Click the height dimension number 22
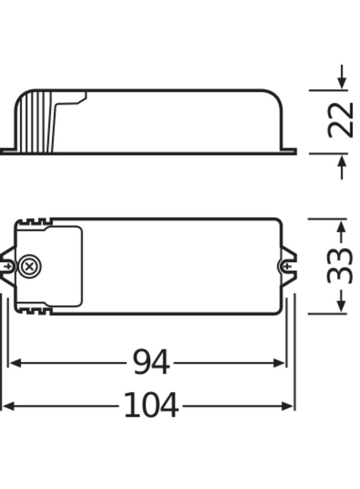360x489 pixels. [x=341, y=120]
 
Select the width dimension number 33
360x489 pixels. [x=341, y=266]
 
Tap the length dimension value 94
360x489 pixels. [x=151, y=362]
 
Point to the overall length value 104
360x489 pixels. [x=151, y=406]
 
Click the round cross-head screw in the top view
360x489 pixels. [x=29, y=266]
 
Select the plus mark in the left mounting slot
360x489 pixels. [x=9, y=266]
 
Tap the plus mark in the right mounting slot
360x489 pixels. [x=287, y=266]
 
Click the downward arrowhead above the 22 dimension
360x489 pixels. [x=341, y=83]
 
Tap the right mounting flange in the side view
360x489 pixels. [x=289, y=151]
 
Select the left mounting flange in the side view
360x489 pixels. [x=8, y=151]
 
